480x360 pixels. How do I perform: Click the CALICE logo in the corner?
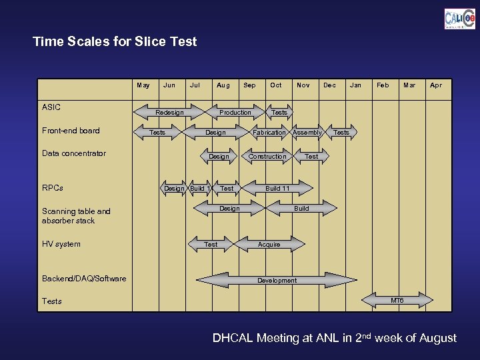click(x=459, y=18)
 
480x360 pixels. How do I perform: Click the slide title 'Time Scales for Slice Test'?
click(x=115, y=41)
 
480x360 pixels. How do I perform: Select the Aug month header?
click(x=223, y=85)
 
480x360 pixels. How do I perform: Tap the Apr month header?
click(x=435, y=85)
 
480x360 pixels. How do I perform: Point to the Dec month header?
click(x=329, y=85)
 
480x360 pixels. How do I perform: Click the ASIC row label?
click(x=51, y=107)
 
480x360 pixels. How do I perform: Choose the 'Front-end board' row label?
click(x=71, y=130)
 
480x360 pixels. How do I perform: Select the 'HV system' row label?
click(x=61, y=244)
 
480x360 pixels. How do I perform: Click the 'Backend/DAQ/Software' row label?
click(x=84, y=279)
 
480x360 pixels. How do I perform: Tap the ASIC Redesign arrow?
click(x=169, y=112)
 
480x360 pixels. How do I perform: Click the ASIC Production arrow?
click(x=235, y=112)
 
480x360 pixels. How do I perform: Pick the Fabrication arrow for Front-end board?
click(x=269, y=133)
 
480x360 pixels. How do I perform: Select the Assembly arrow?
click(x=307, y=133)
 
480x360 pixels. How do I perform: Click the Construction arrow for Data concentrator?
click(x=267, y=157)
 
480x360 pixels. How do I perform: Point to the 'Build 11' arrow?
click(x=277, y=189)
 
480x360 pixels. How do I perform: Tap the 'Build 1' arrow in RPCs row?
click(x=200, y=189)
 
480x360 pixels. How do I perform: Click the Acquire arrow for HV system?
click(x=269, y=245)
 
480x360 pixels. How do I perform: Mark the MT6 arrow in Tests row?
click(x=397, y=301)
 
